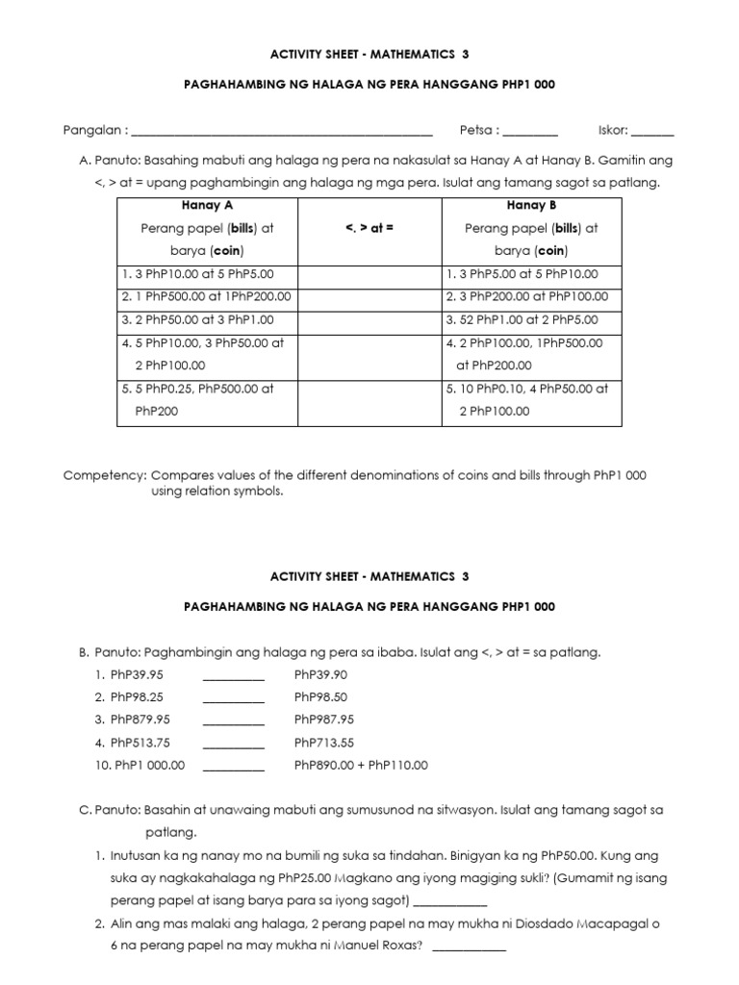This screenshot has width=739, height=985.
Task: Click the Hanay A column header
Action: click(x=208, y=206)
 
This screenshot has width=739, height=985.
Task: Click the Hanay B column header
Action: click(x=531, y=206)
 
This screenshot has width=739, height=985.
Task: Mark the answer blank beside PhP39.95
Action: click(x=233, y=676)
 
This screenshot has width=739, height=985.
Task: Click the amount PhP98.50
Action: click(x=321, y=697)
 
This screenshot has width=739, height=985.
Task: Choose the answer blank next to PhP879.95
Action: click(x=233, y=721)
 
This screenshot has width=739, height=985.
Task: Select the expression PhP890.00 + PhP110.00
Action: click(x=361, y=766)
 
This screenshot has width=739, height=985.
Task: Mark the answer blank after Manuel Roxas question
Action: click(x=469, y=948)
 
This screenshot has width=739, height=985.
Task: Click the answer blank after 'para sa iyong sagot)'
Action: click(x=450, y=903)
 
